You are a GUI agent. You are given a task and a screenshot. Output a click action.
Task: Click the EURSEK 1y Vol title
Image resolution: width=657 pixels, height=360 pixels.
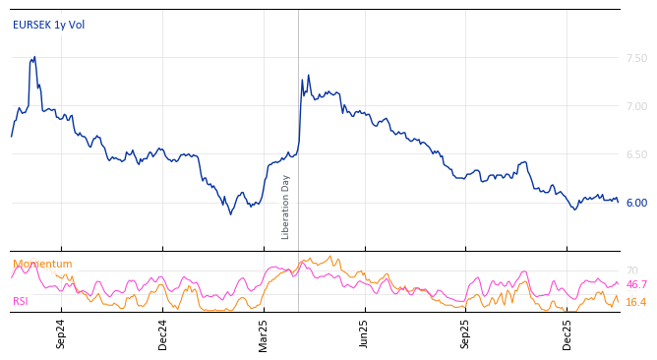[x=48, y=25]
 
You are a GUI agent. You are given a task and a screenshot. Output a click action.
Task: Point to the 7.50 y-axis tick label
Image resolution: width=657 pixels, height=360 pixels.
[x=636, y=58]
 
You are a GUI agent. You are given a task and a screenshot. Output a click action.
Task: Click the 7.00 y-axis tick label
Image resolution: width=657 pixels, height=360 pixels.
[x=636, y=106]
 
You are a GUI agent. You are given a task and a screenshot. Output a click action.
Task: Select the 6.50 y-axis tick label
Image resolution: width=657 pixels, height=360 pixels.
[x=636, y=154]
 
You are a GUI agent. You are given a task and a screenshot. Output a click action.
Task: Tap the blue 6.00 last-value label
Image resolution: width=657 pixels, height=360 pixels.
[x=636, y=203]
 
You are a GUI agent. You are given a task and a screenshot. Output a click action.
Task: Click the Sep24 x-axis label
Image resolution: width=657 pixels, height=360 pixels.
[x=61, y=333]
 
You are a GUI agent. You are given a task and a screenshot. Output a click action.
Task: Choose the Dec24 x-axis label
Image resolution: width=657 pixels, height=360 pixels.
[x=162, y=333]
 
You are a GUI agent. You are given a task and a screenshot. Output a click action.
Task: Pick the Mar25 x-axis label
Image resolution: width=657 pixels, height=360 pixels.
[x=264, y=333]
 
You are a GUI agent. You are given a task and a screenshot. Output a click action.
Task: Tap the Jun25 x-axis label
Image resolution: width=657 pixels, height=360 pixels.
[x=365, y=333]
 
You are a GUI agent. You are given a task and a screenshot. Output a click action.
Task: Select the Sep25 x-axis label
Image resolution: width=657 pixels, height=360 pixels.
[x=466, y=333]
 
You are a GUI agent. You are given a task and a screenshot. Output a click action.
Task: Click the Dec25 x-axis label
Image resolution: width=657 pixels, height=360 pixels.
[x=567, y=333]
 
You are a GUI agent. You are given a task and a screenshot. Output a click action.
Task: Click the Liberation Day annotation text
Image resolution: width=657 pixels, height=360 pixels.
[x=286, y=207]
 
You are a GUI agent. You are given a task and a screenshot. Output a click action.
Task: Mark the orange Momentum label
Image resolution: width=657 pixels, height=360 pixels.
[x=42, y=264]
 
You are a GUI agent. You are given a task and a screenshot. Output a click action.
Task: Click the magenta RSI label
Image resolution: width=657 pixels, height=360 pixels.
[x=21, y=301]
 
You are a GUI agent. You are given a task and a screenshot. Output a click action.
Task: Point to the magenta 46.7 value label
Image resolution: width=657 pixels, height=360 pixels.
[x=636, y=284]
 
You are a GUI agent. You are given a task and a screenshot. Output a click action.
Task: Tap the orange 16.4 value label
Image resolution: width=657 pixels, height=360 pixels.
[x=636, y=302]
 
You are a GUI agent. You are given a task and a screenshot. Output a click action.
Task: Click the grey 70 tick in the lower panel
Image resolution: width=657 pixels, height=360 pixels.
[x=631, y=270]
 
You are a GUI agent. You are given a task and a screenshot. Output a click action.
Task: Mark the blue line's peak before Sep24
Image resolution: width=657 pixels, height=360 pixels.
[x=34, y=57]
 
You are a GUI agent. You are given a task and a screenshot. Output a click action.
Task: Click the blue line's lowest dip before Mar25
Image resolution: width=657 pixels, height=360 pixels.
[x=231, y=213]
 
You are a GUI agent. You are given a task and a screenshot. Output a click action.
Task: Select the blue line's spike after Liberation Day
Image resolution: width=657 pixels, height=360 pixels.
[x=308, y=75]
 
